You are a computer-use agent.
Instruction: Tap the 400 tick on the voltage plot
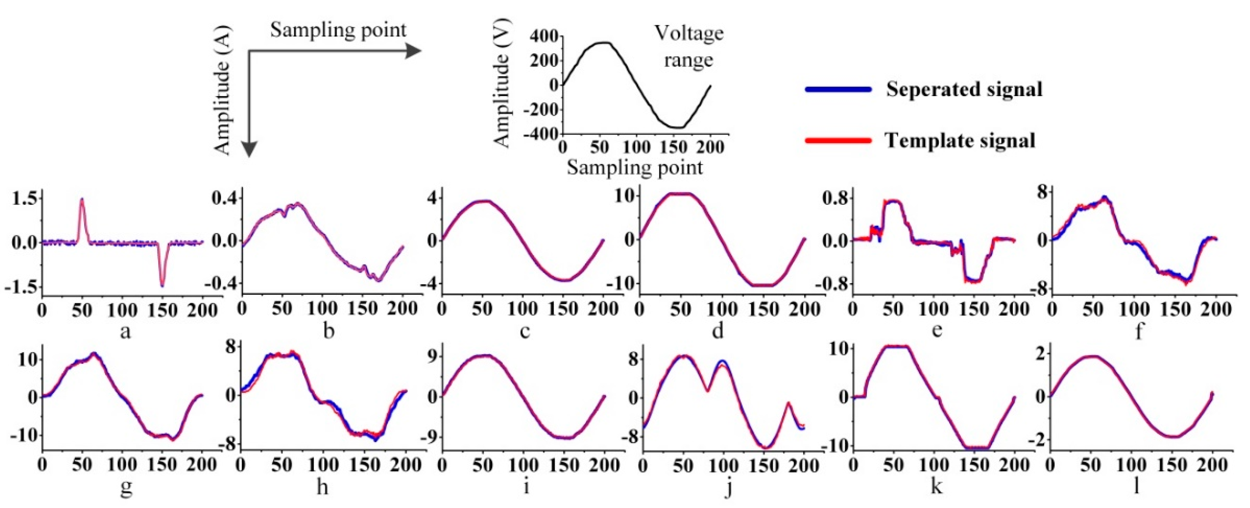pyautogui.click(x=543, y=36)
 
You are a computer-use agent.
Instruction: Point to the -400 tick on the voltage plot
pyautogui.click(x=539, y=134)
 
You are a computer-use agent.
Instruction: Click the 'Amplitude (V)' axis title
pyautogui.click(x=502, y=85)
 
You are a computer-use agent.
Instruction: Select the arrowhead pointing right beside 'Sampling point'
pyautogui.click(x=412, y=51)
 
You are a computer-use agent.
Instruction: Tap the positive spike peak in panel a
pyautogui.click(x=82, y=199)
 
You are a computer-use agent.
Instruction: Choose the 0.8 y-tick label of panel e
pyautogui.click(x=834, y=198)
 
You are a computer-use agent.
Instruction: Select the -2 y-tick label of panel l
pyautogui.click(x=1035, y=440)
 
